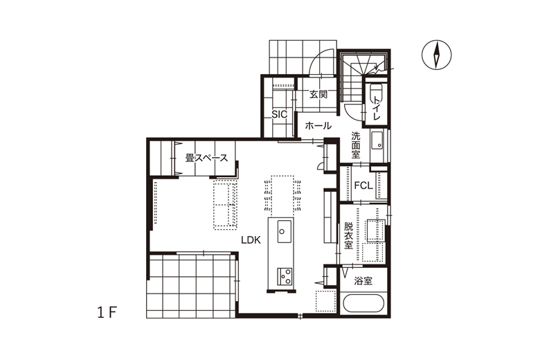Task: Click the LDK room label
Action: pos(251,240)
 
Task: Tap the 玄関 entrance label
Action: pos(318,94)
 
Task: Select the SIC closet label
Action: pos(279,114)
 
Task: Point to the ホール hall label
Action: pos(318,126)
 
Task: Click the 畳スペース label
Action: pos(206,158)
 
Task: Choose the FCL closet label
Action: pos(363,186)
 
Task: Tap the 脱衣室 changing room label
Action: pos(348,236)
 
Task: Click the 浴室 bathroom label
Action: pos(363,281)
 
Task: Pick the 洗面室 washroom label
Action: pos(356,145)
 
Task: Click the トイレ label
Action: pos(377,108)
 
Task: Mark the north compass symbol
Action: pos(437,55)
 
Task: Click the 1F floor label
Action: pos(107,313)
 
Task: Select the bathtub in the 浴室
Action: pos(363,303)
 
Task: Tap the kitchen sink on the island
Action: pos(284,231)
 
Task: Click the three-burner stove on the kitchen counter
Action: pos(285,276)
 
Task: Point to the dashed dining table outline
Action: pos(282,195)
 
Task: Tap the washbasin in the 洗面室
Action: pos(377,141)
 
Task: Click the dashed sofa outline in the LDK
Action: pos(225,204)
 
